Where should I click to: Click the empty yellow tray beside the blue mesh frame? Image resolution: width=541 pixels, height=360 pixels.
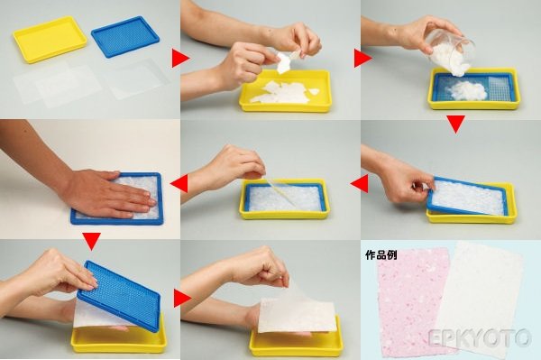[x=50, y=39]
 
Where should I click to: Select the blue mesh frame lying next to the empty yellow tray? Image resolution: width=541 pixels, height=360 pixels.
[x=125, y=36]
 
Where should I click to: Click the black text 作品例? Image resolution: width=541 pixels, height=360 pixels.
[x=381, y=255]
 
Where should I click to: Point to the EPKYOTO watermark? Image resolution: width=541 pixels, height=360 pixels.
[x=480, y=337]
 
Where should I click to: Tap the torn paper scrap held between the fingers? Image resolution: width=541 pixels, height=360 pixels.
[x=284, y=62]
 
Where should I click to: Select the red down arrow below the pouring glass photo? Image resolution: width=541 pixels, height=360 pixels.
[x=455, y=125]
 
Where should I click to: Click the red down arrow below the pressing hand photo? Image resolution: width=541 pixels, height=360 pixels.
[x=91, y=241]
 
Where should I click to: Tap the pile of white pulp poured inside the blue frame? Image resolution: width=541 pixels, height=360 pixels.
[x=466, y=91]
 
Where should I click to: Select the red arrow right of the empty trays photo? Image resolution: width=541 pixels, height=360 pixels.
[x=181, y=58]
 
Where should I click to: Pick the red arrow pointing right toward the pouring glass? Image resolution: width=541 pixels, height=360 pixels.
[x=362, y=58]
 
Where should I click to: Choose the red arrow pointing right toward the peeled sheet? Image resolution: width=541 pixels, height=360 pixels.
[x=183, y=299]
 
